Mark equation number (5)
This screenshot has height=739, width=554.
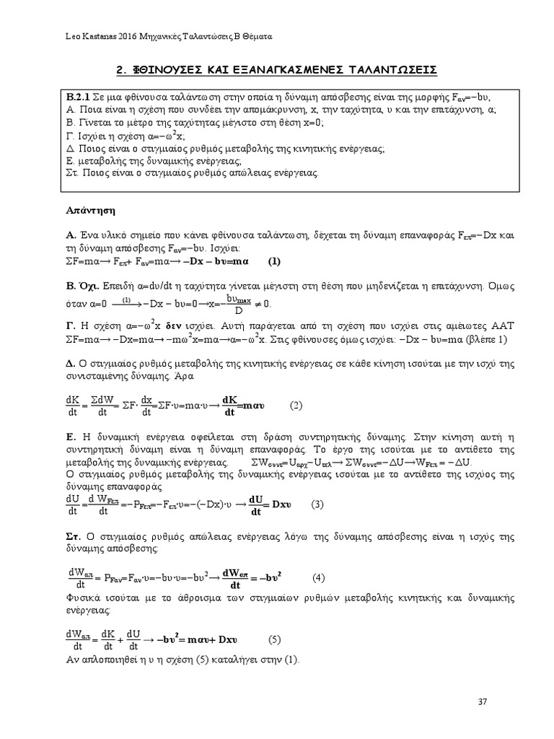274,640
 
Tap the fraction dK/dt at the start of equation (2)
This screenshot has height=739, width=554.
72,406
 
